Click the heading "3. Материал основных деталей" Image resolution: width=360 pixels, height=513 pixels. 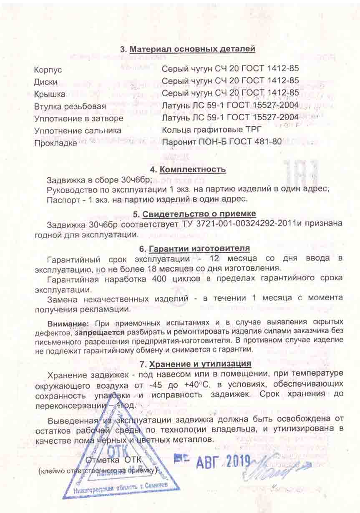[x=187, y=49]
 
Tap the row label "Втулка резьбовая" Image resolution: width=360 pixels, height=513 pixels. [x=70, y=107]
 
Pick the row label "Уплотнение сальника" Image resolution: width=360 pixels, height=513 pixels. [x=78, y=131]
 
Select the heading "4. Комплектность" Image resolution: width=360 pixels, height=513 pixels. [x=188, y=169]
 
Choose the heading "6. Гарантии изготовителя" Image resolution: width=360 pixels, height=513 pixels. [x=194, y=249]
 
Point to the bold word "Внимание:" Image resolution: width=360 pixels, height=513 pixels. [x=68, y=323]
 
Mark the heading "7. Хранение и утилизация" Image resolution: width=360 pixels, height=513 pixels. [x=195, y=363]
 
